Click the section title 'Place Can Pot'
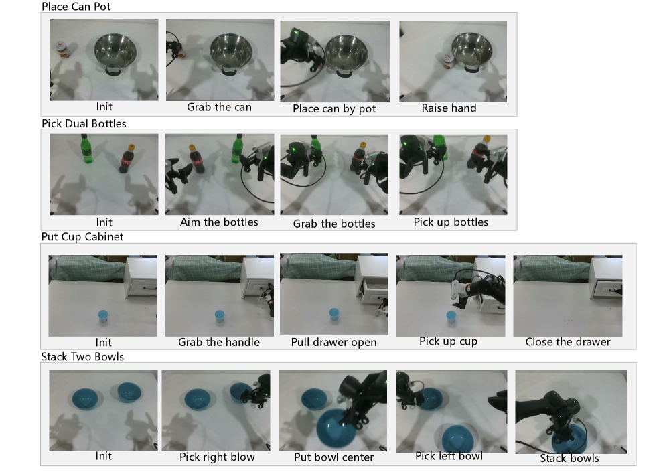76,7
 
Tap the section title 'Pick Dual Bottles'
84,123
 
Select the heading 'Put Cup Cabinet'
82,237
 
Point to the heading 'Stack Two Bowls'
82,356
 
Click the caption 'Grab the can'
219,107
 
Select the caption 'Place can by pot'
334,109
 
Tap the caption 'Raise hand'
449,108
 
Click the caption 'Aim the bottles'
219,222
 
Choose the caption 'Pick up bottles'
451,222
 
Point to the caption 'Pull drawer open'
334,342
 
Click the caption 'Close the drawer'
568,342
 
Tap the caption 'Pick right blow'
217,457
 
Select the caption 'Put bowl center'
334,457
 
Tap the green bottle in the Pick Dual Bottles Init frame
87,149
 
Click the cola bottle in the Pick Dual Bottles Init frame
127,159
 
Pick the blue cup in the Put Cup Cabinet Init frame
103,317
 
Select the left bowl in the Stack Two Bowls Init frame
85,399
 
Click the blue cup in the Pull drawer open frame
334,315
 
